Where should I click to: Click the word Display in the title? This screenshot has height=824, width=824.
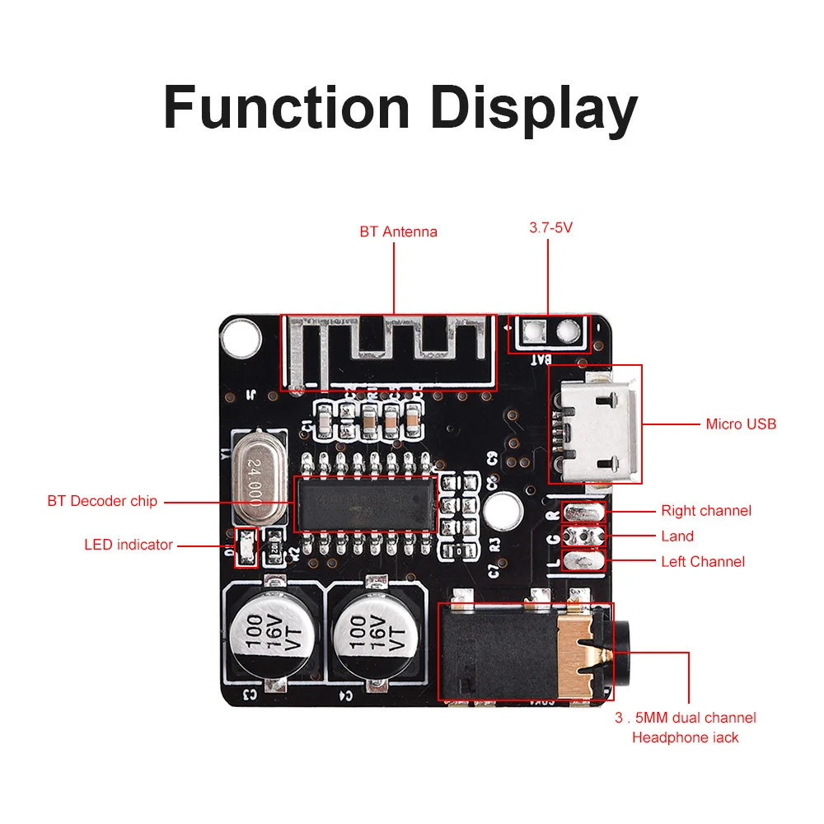pos(535,108)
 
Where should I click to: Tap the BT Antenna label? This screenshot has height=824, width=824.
pos(398,232)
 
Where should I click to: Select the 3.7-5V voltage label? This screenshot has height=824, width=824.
pos(550,227)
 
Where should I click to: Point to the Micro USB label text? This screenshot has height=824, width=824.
pos(741,424)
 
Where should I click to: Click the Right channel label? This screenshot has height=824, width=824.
pos(706,511)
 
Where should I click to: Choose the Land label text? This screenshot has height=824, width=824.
pos(677,536)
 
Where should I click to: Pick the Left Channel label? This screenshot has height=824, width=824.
pos(703,562)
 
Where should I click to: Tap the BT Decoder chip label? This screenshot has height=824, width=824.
pos(102,501)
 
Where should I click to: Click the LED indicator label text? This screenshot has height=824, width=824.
pos(129,545)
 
